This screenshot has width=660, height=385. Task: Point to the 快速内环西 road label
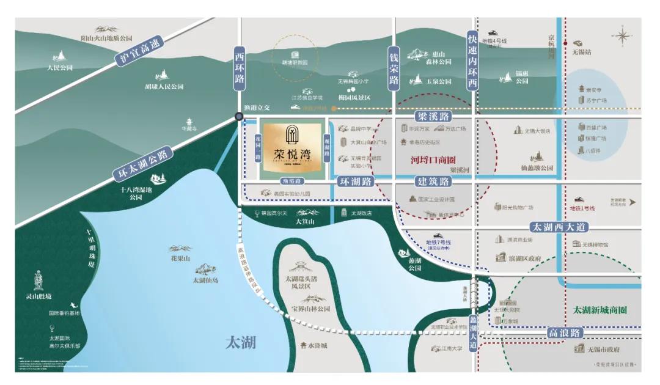point(472,62)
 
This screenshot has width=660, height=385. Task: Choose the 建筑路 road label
point(433,182)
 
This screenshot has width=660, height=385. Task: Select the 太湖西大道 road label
point(559,227)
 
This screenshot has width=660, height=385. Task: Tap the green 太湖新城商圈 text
point(599,310)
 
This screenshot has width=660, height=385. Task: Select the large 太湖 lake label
point(240,342)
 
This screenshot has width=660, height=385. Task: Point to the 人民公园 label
point(60,68)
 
